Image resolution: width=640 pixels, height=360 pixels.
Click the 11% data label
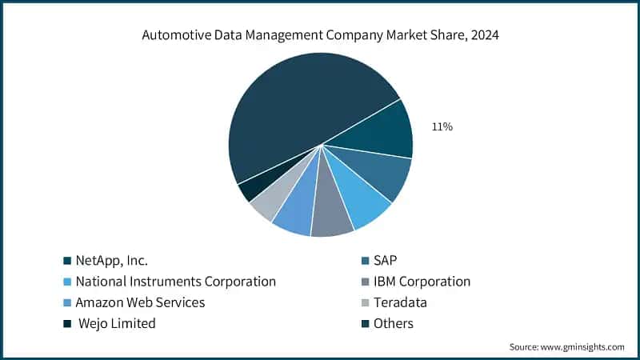pos(442,126)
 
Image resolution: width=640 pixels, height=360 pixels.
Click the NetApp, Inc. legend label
pos(111,260)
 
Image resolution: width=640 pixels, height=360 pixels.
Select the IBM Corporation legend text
pos(422,281)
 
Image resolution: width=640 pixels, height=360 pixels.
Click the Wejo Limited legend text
pos(117,323)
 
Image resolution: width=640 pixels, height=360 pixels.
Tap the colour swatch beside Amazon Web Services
pos(68,302)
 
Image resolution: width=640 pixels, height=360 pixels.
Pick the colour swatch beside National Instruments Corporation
pos(68,282)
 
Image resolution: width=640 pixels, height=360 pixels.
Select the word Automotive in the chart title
pos(173,34)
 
